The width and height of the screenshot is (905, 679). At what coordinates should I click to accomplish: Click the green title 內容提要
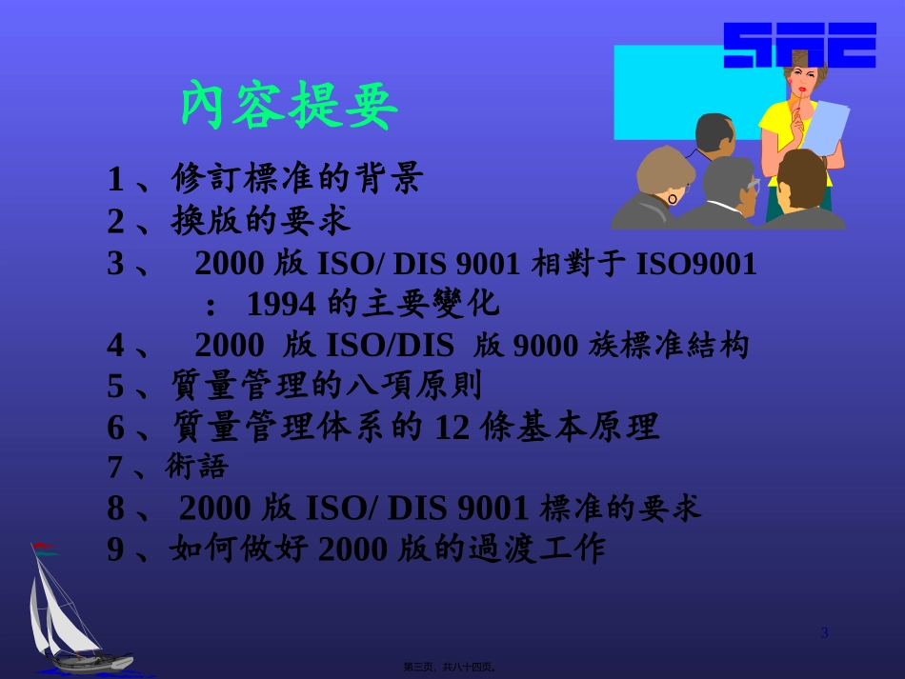coord(289,104)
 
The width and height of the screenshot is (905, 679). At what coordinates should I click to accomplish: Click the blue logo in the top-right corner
coord(799,45)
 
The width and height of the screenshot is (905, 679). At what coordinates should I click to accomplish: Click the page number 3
coord(825,633)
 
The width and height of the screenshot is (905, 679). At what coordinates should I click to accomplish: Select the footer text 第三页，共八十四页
coord(451,668)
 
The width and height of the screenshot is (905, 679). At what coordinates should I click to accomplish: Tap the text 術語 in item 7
coord(197,467)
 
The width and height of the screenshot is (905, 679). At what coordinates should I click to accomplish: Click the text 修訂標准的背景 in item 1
coord(296,178)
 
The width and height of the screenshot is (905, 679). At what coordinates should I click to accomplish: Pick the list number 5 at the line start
coord(115,387)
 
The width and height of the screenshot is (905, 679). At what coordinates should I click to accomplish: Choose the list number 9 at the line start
coord(115,549)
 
